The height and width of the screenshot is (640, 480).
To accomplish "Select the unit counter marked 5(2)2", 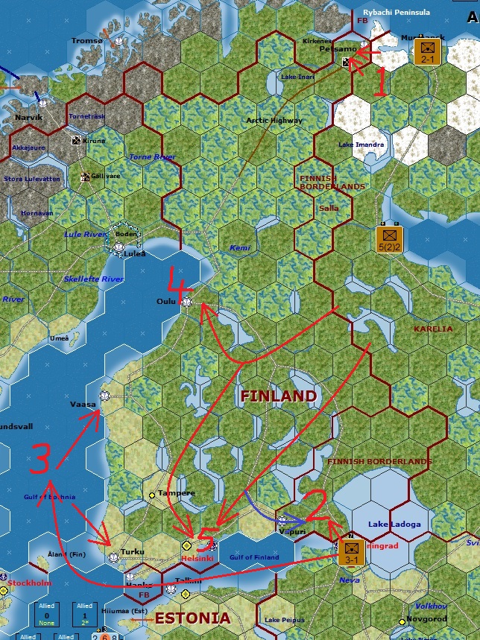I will [x=388, y=239].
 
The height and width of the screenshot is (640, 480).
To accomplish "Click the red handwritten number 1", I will [x=379, y=81].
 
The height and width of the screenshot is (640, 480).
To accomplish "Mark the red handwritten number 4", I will [x=181, y=282].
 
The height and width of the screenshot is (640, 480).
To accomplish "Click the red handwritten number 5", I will [x=206, y=542].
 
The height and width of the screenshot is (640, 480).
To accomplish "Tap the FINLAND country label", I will [x=278, y=396].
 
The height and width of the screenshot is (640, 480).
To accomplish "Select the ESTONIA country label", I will [x=192, y=618].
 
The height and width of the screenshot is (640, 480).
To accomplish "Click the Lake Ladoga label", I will [x=394, y=525].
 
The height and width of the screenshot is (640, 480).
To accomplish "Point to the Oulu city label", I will [x=165, y=302].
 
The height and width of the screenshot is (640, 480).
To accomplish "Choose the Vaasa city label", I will [x=83, y=404].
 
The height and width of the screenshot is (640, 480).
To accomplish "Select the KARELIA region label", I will [x=433, y=329].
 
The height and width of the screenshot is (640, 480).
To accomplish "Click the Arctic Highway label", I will [x=274, y=121].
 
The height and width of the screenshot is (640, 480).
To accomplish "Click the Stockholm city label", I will [x=29, y=583].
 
